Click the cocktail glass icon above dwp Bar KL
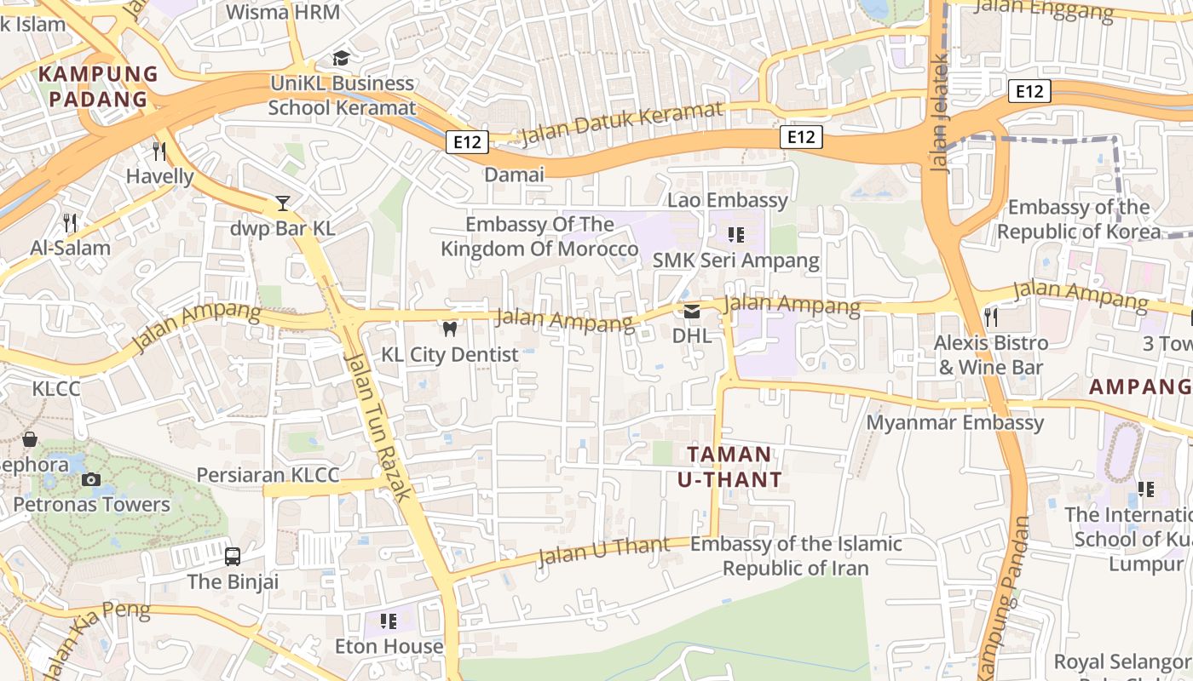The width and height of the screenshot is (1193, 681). (283, 203)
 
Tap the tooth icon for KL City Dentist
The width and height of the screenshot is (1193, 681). (449, 329)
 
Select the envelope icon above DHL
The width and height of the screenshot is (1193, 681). (691, 311)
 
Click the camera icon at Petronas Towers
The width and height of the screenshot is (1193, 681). (90, 479)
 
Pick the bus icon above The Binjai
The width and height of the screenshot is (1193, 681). (233, 557)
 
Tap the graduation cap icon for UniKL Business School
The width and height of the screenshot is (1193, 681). (341, 58)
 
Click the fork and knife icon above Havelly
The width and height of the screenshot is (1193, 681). (159, 151)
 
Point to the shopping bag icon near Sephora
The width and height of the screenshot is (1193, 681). (30, 439)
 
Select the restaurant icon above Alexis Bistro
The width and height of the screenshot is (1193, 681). (990, 318)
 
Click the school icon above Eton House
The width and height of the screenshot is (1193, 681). (389, 621)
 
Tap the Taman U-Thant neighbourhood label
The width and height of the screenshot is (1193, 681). (729, 466)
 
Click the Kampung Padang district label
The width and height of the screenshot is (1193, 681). (99, 86)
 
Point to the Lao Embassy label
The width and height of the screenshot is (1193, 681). (727, 200)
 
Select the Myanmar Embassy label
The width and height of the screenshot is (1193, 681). (954, 422)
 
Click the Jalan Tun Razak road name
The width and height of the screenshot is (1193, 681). (379, 426)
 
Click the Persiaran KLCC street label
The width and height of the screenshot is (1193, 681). (268, 475)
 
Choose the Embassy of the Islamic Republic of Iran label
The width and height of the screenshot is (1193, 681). (795, 556)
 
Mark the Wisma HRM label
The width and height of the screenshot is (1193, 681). (283, 12)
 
